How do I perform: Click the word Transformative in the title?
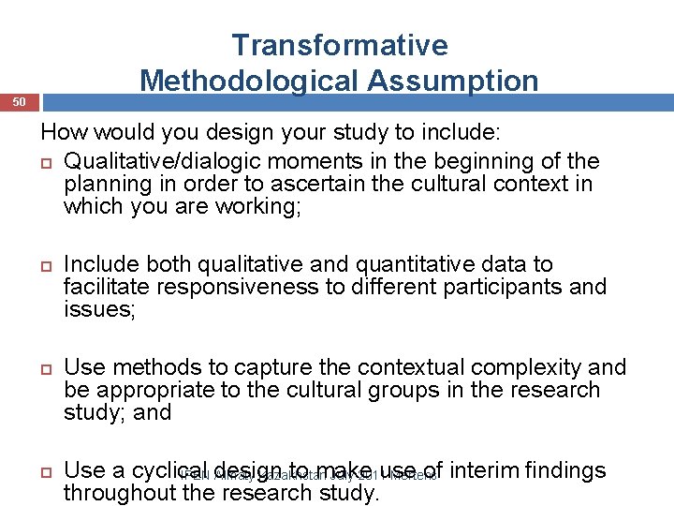coord(340,45)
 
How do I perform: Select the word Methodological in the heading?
coord(249,81)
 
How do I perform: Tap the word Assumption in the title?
coord(453,81)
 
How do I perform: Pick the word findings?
coord(566,471)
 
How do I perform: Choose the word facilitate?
coord(105,287)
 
